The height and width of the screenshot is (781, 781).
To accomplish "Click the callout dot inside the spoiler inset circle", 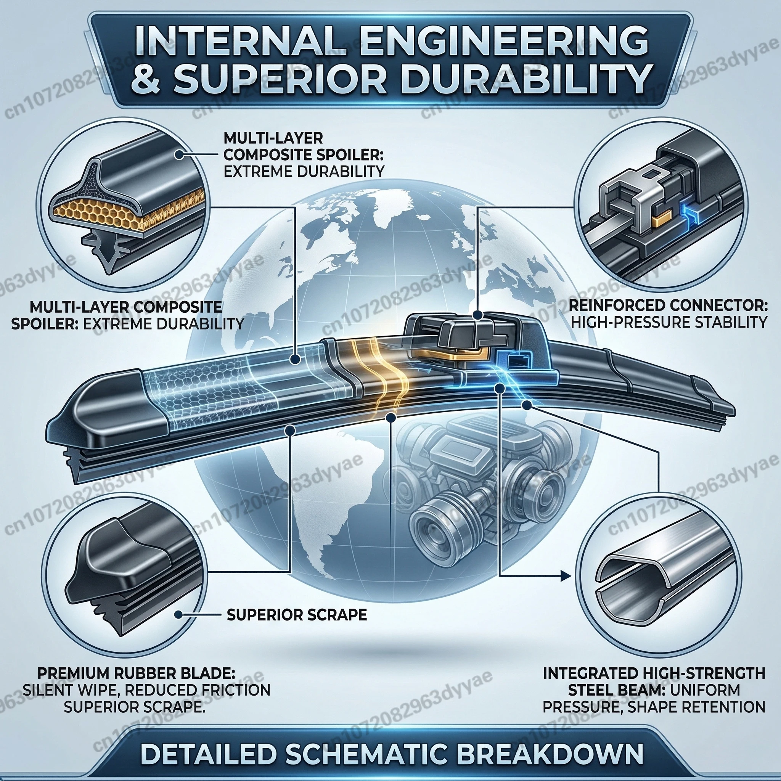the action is (x=177, y=154).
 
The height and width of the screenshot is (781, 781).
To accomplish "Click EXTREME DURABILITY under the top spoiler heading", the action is (x=304, y=171).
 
